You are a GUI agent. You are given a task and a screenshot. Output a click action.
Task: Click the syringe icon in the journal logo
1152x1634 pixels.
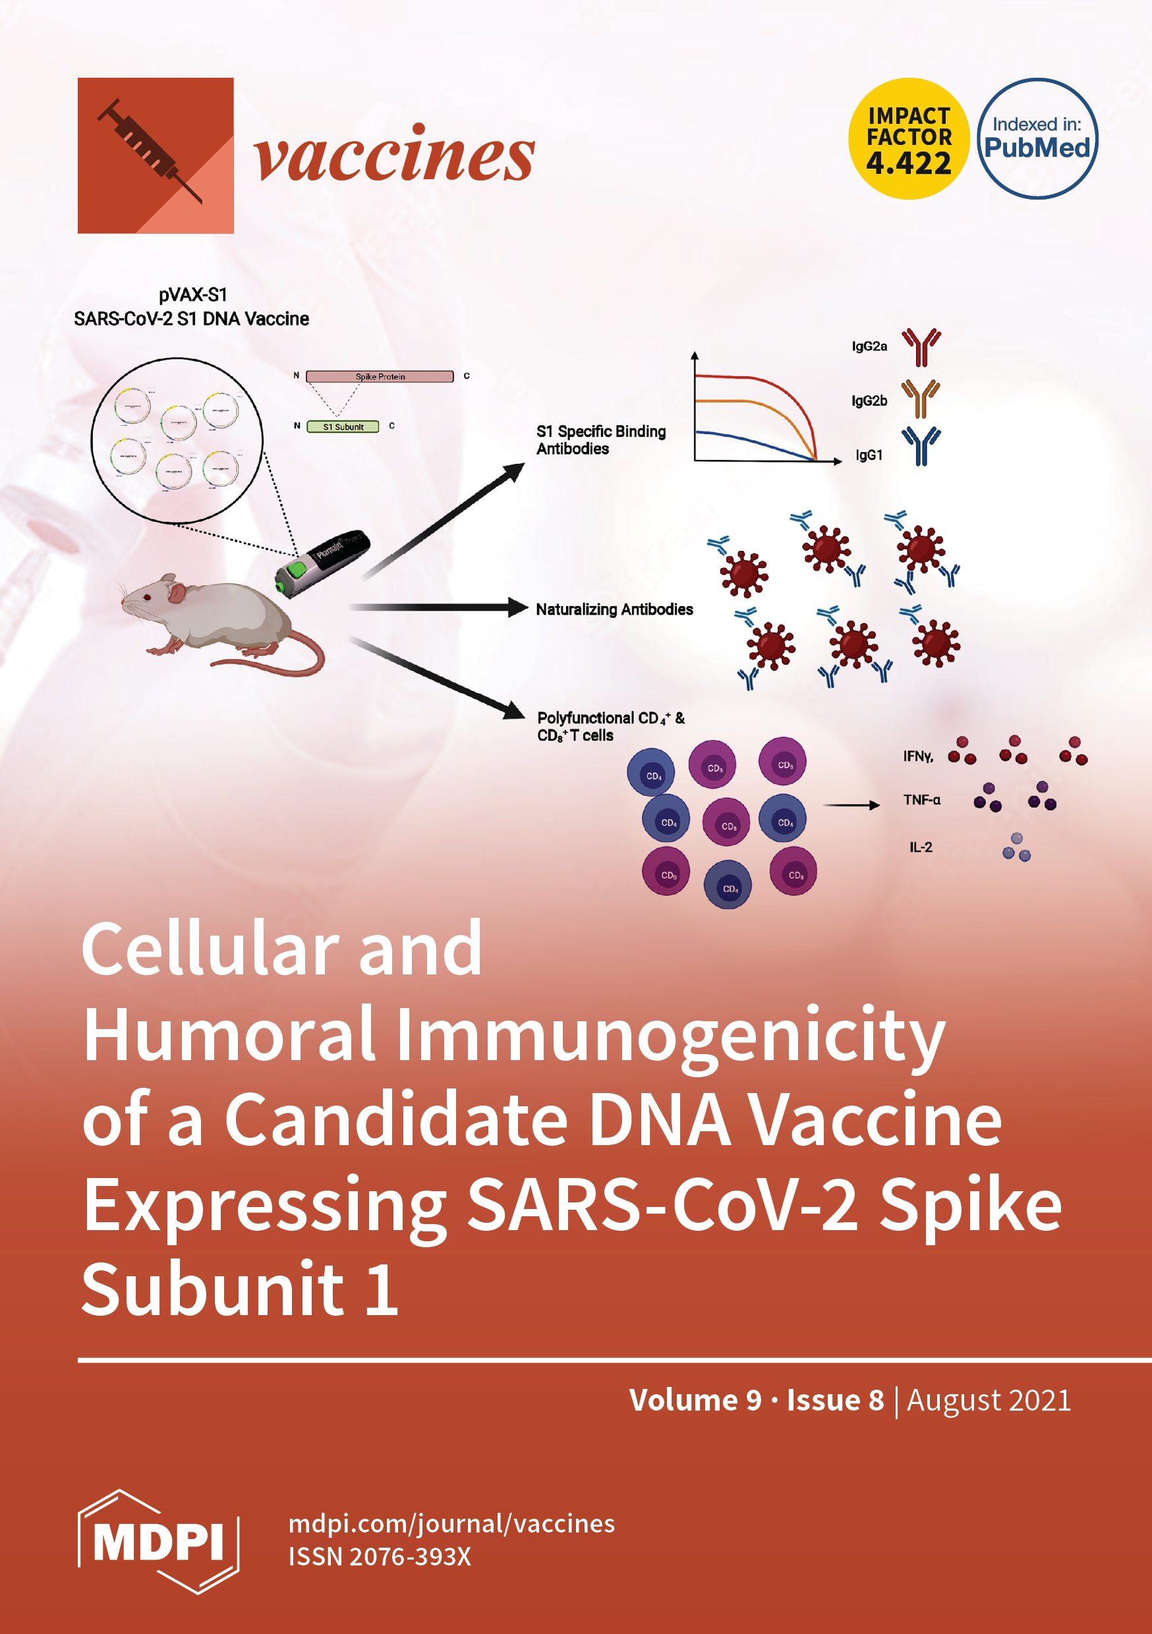click(150, 150)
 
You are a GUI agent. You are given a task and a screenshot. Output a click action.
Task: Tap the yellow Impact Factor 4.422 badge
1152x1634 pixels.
click(909, 139)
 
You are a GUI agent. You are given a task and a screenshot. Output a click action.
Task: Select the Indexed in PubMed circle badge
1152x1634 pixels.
click(1037, 139)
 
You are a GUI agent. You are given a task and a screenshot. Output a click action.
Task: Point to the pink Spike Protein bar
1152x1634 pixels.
click(380, 376)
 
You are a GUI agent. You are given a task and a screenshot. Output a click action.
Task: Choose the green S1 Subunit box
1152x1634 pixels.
click(343, 426)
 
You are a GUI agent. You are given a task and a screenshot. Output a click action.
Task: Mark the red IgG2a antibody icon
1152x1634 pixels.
click(921, 347)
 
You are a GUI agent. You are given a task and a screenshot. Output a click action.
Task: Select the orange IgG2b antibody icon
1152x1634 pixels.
click(921, 399)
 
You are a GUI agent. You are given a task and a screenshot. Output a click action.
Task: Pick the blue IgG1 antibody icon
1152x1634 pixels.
click(921, 446)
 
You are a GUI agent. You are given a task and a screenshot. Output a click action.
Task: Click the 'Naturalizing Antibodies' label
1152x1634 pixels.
click(614, 609)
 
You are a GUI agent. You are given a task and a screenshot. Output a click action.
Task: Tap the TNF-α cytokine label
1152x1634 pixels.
click(921, 800)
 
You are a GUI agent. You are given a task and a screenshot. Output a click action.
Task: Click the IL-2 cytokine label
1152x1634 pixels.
click(920, 847)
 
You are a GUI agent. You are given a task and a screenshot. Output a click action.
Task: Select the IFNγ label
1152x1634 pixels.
click(918, 756)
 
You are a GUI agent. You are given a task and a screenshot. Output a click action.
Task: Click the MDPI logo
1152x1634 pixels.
click(158, 1542)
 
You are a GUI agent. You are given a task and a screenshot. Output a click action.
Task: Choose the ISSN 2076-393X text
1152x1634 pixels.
click(380, 1556)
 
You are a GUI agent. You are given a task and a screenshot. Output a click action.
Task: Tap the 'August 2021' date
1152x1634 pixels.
click(989, 1400)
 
